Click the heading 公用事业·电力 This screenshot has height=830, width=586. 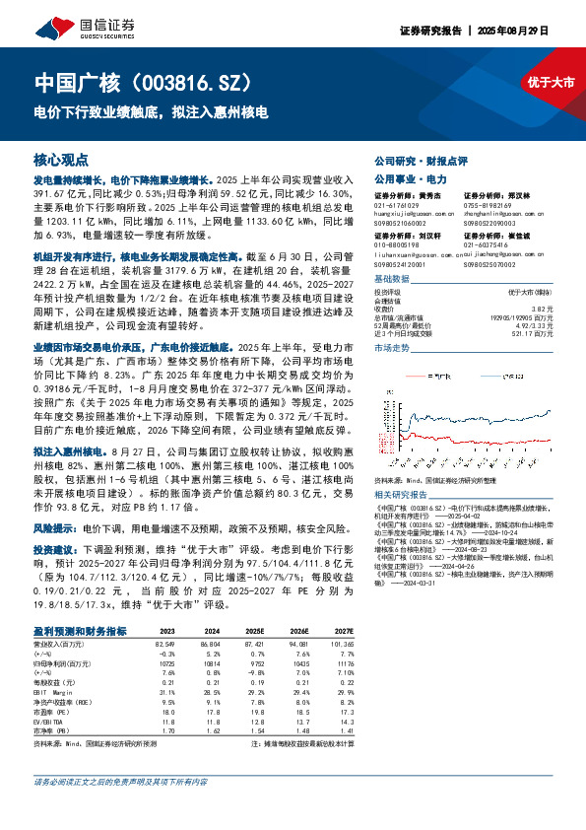point(398,179)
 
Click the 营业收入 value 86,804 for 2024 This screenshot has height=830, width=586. point(207,643)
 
